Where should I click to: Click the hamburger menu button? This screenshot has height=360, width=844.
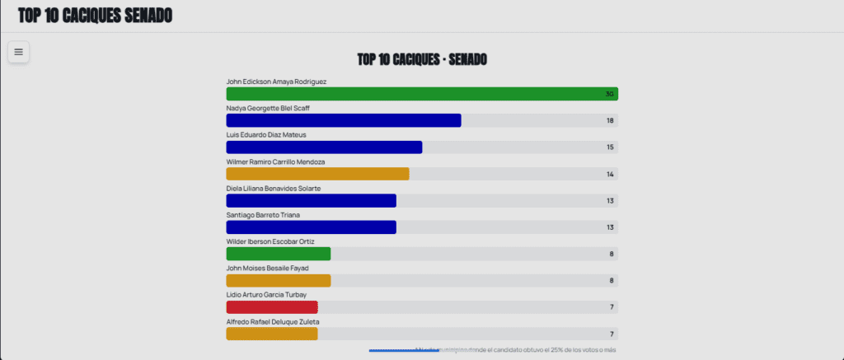(x=18, y=52)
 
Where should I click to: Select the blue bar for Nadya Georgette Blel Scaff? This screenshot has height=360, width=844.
(x=343, y=120)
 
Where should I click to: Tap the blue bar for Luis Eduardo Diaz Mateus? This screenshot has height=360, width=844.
(x=324, y=147)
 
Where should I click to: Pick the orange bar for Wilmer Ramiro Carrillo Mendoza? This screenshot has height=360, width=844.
(x=317, y=174)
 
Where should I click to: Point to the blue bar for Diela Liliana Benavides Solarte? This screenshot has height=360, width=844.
(x=311, y=200)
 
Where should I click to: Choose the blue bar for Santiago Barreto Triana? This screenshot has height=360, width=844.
(x=311, y=227)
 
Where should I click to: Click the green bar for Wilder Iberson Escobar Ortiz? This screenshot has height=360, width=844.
(x=278, y=254)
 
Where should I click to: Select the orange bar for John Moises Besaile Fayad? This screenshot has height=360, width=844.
(x=278, y=280)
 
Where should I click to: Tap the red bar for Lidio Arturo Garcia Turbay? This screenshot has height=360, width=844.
(x=271, y=307)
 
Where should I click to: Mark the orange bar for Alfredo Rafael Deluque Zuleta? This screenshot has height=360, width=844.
(x=271, y=334)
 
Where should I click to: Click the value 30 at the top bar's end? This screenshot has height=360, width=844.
(x=610, y=94)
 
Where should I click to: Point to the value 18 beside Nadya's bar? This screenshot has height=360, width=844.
(x=610, y=121)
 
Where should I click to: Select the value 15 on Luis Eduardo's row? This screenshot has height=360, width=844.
(x=610, y=147)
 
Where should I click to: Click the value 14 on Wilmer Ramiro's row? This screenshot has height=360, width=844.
(x=610, y=175)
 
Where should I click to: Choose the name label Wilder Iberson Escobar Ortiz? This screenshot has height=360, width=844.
(x=270, y=241)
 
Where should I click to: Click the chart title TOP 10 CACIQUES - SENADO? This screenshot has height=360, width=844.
(x=421, y=60)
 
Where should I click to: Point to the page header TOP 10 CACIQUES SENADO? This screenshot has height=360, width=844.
(x=95, y=16)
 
